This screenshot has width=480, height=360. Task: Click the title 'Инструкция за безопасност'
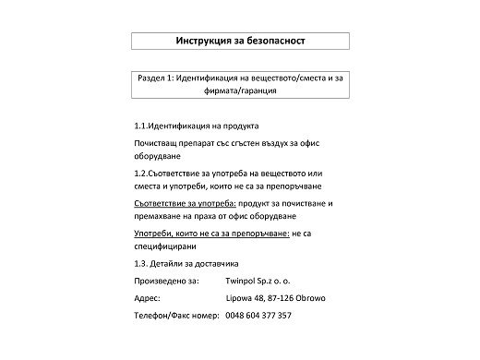239,42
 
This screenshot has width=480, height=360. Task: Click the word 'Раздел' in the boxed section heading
151,78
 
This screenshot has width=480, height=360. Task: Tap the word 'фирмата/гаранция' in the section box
239,91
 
